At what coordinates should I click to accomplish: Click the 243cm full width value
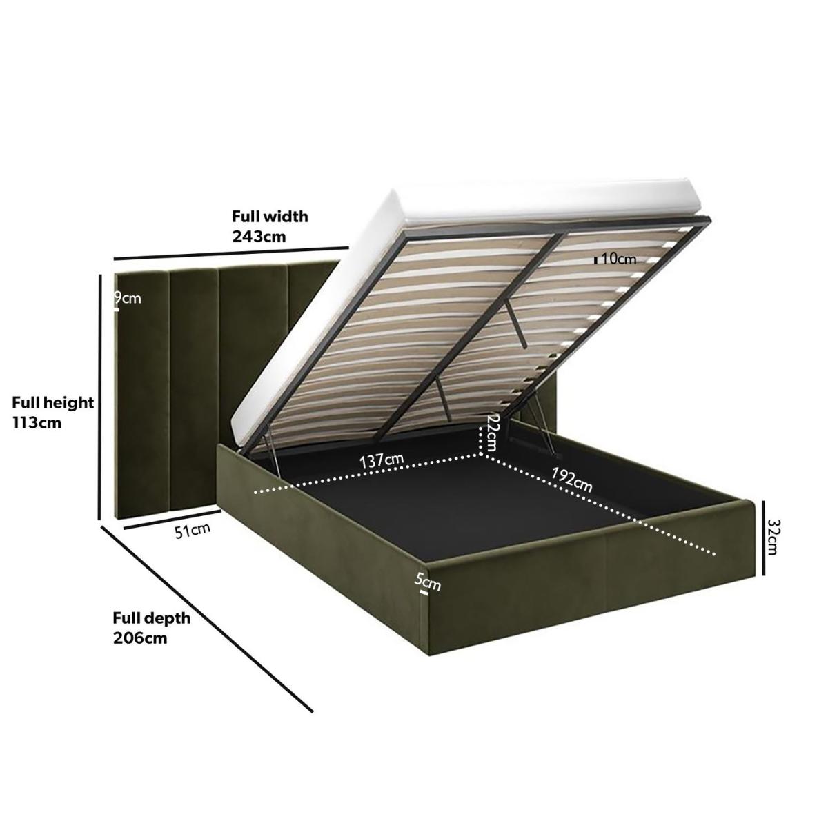[259, 237]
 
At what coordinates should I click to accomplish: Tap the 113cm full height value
[37, 423]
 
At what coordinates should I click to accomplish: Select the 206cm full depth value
[140, 638]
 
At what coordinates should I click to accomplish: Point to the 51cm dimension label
[193, 531]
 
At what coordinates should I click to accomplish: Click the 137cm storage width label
[382, 461]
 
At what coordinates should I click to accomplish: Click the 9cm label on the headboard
[128, 298]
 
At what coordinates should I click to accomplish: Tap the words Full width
[270, 216]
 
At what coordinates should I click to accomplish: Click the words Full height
[53, 402]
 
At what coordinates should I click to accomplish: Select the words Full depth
[151, 618]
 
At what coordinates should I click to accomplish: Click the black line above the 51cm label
[171, 520]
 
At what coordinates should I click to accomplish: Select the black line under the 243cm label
[230, 253]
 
